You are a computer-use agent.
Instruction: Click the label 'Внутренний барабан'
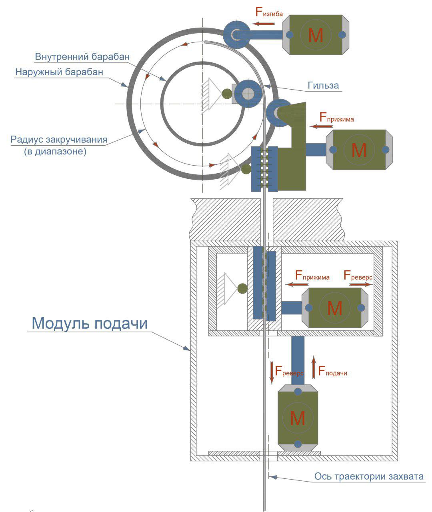(82, 57)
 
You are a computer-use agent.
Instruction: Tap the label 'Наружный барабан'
(59, 72)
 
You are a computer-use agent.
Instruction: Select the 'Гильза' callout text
(323, 85)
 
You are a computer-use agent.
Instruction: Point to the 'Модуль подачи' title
(90, 324)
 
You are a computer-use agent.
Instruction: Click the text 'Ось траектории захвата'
(369, 476)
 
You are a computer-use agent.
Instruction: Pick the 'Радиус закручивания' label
(59, 140)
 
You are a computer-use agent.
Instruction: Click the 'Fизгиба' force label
(269, 12)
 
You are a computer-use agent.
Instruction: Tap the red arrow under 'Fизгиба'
(264, 24)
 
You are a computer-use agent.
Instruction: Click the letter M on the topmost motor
(316, 35)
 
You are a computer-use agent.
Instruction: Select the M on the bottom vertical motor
(298, 418)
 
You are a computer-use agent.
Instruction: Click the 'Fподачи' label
(332, 371)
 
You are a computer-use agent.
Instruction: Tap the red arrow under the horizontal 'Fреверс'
(361, 284)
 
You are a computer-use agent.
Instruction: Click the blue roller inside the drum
(248, 94)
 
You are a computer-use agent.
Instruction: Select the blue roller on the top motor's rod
(236, 34)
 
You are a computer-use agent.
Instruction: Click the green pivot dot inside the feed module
(242, 289)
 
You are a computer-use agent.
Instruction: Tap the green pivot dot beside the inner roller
(227, 94)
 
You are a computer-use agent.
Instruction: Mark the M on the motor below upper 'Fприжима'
(359, 150)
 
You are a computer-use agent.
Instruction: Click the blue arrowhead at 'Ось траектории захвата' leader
(273, 477)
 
